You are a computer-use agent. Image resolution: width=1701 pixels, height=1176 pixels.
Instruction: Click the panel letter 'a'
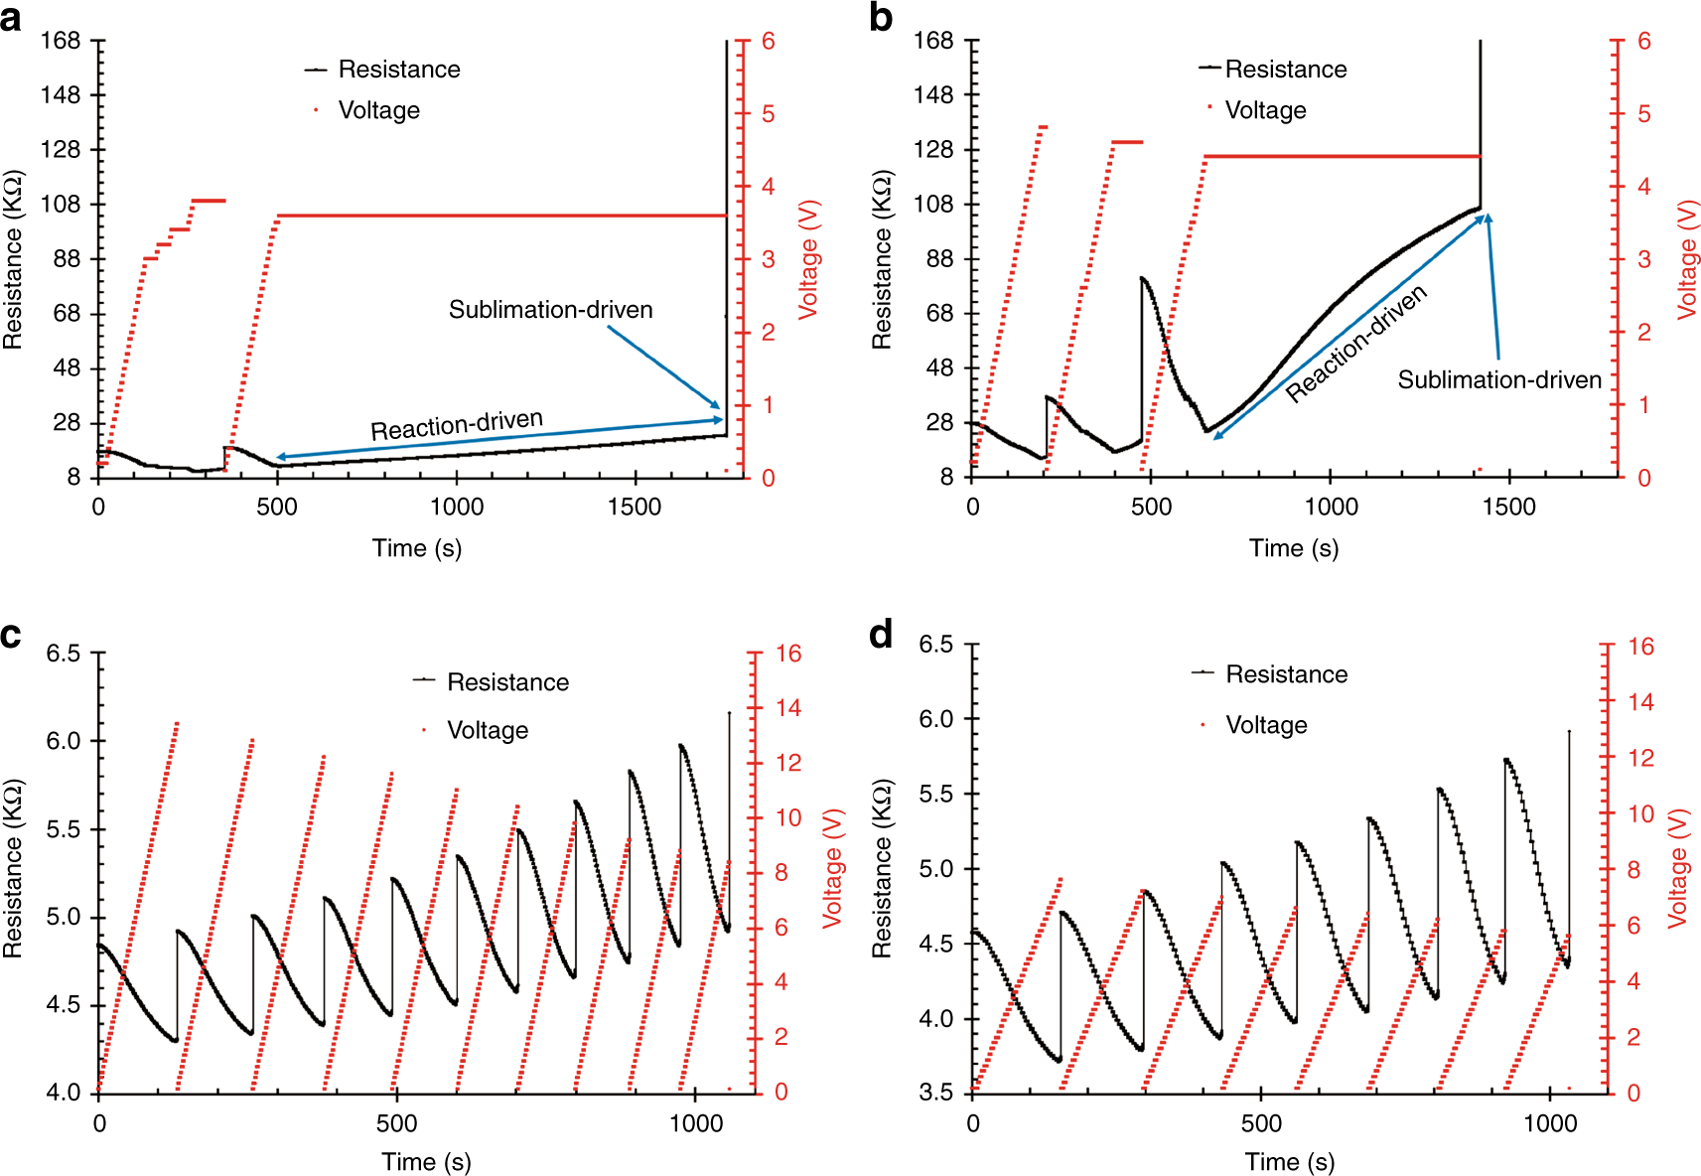click(x=11, y=18)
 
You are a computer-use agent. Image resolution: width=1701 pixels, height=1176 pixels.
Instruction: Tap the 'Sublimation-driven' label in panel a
click(x=550, y=310)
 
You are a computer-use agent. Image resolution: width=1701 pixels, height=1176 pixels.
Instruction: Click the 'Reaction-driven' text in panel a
click(x=457, y=424)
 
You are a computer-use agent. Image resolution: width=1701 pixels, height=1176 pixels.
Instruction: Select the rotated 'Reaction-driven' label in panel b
click(x=1356, y=343)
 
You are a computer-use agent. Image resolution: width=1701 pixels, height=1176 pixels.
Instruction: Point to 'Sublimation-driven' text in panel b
click(x=1499, y=380)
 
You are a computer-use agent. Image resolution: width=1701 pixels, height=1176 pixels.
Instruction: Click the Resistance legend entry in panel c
click(x=507, y=682)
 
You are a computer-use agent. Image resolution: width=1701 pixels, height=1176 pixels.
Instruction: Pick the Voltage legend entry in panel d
click(x=1266, y=725)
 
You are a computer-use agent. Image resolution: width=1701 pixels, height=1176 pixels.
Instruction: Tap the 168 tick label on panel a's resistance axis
click(x=60, y=41)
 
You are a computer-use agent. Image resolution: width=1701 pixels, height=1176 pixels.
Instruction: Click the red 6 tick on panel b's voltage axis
click(x=1644, y=41)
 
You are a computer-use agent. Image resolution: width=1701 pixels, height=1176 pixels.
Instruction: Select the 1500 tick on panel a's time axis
click(x=635, y=507)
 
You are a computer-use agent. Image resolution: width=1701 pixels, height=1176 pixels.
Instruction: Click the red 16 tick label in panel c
click(x=788, y=654)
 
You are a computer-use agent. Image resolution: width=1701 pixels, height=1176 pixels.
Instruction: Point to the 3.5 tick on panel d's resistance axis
click(x=934, y=1093)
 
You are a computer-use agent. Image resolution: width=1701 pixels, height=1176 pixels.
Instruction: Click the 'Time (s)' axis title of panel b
click(x=1293, y=548)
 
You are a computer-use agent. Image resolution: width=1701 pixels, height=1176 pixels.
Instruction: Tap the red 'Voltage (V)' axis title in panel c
click(x=832, y=868)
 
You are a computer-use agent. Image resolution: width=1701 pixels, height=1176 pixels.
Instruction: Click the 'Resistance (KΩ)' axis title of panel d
click(x=881, y=868)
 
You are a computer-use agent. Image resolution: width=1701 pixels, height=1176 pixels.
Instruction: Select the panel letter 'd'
click(x=881, y=635)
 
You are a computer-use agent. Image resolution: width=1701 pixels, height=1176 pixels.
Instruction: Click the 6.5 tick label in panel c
click(x=64, y=654)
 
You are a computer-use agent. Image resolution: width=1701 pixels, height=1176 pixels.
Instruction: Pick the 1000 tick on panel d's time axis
click(x=1549, y=1123)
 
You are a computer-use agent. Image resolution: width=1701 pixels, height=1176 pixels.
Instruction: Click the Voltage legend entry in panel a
click(x=378, y=110)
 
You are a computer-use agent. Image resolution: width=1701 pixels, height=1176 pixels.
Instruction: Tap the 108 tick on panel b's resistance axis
click(x=933, y=205)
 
